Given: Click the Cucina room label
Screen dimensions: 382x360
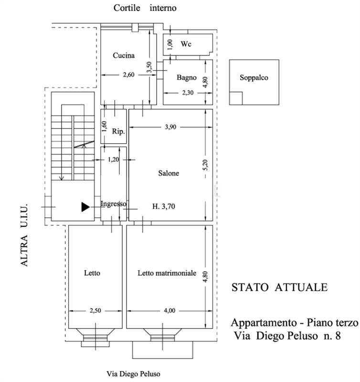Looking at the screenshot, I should (124, 55).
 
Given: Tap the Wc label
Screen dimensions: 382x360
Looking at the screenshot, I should (186, 44).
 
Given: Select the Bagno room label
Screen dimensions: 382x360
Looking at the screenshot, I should (186, 77).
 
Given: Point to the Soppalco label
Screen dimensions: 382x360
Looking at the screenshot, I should (254, 77).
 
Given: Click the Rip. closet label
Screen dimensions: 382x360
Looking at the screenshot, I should (118, 132).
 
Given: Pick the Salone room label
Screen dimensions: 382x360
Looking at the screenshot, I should (169, 173).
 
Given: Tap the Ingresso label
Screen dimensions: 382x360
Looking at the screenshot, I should (113, 204).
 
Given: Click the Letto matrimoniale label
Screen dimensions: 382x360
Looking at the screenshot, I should (167, 274).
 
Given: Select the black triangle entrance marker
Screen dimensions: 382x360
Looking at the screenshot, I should (85, 206).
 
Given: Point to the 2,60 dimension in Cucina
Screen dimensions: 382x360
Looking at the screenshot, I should (129, 74).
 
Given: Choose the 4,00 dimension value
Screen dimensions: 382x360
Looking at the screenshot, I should (169, 311).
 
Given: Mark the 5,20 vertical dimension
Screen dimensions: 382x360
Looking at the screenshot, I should (205, 164).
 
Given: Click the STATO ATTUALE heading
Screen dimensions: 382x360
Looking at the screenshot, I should (280, 287).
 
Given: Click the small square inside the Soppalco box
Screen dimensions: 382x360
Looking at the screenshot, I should (235, 98).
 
